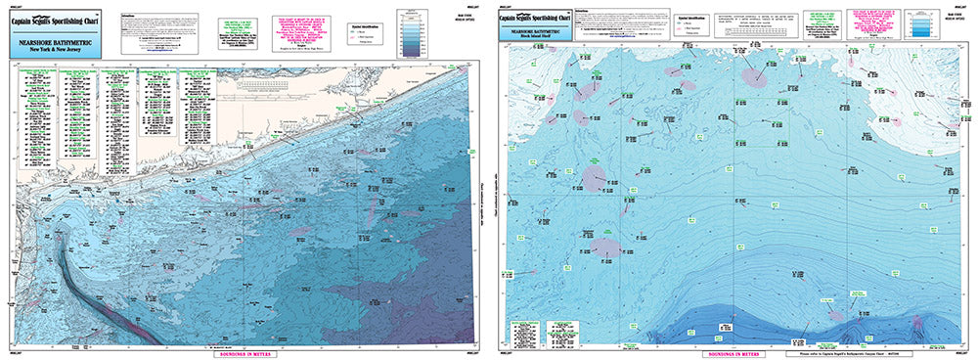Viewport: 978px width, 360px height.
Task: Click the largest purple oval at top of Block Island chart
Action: point(753,75)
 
